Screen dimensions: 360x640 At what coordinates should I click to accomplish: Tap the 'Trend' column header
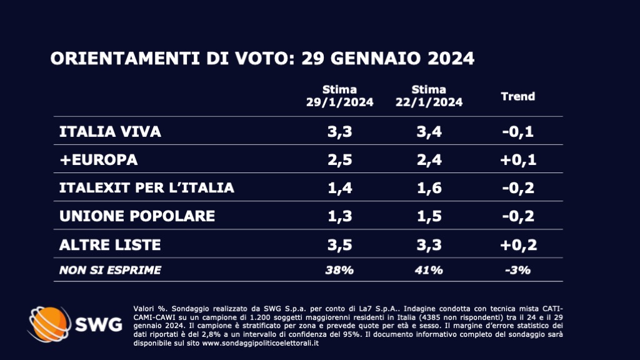[518, 96]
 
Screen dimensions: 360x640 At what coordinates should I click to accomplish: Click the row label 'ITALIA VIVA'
[110, 132]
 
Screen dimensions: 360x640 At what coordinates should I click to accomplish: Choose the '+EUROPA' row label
[98, 160]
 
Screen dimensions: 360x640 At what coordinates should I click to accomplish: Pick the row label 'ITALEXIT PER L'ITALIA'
[146, 188]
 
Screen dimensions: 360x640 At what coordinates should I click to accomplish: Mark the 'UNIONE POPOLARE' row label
[137, 216]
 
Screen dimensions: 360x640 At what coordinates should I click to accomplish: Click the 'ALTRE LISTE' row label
[110, 244]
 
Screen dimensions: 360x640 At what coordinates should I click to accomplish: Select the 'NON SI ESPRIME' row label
[110, 270]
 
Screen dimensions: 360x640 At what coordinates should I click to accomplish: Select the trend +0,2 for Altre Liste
[518, 244]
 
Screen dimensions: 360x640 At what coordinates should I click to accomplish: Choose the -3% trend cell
[518, 270]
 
